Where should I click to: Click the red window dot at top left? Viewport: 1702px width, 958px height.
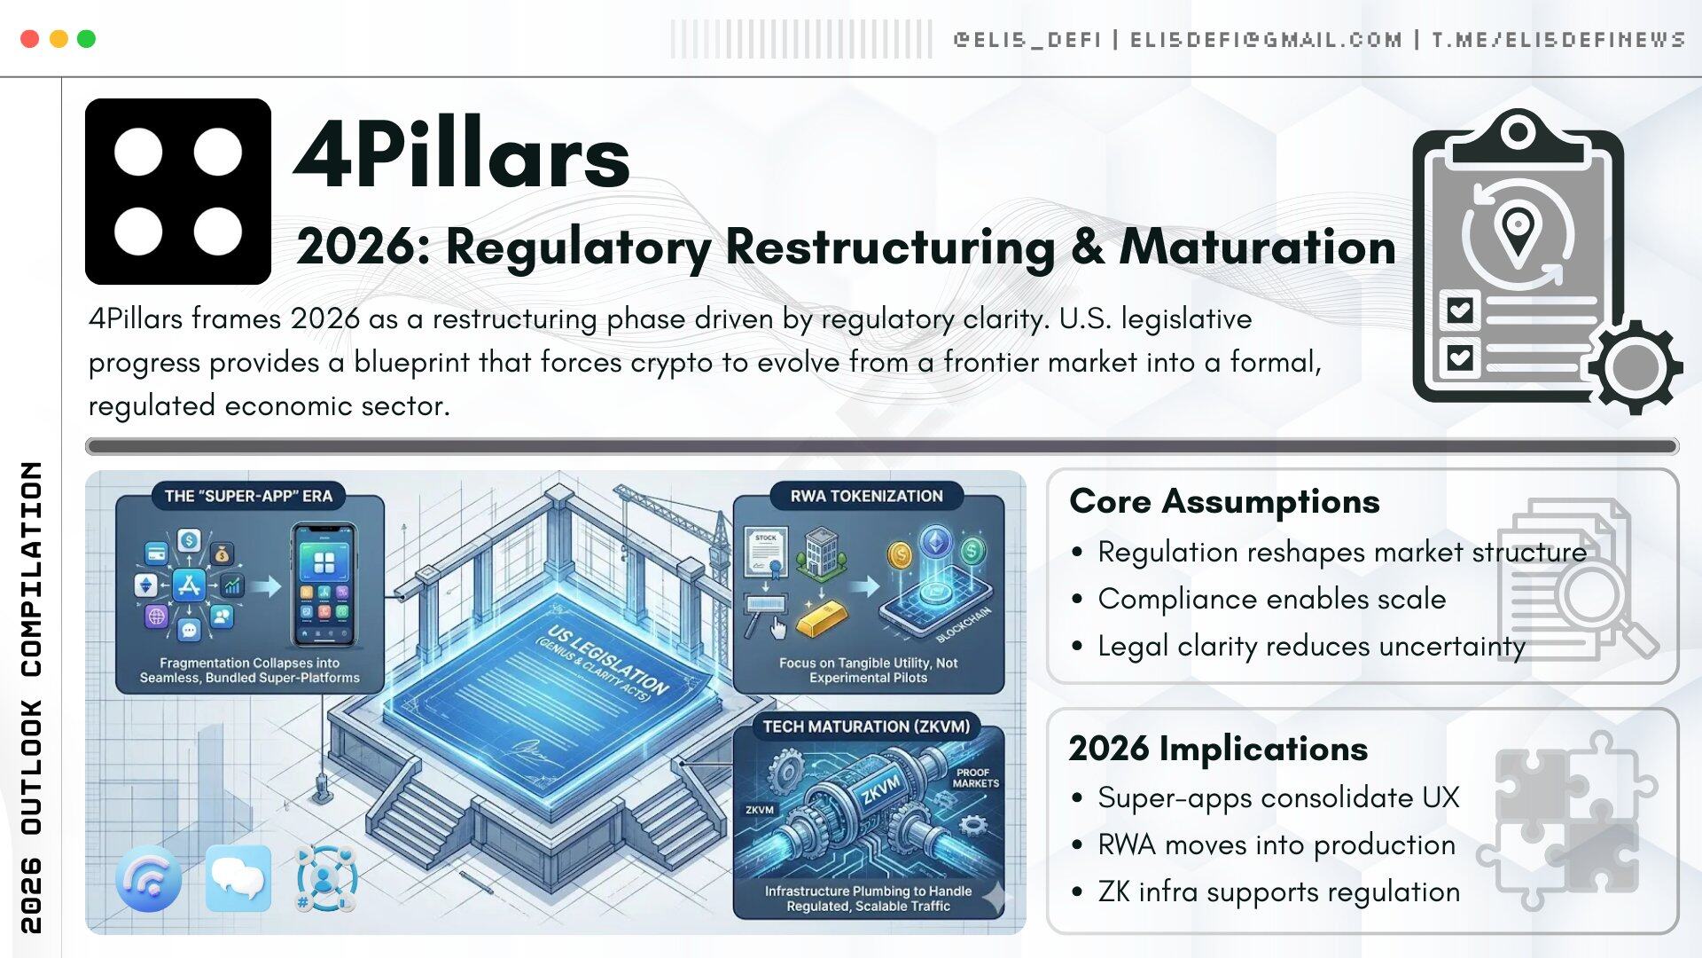tap(29, 39)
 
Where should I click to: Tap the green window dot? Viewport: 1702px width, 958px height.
tap(86, 39)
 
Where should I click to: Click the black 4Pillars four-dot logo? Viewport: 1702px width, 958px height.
tap(178, 192)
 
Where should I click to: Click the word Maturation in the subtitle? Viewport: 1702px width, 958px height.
tap(1257, 247)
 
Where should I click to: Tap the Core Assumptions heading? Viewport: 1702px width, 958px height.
tap(1224, 501)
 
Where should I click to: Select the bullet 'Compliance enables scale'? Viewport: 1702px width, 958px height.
tap(1271, 599)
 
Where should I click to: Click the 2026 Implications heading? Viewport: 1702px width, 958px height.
tap(1218, 749)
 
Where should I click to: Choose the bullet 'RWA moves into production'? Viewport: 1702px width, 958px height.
tap(1276, 844)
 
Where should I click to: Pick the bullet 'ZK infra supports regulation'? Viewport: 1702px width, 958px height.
tap(1278, 891)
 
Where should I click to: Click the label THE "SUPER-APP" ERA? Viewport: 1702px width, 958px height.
tap(248, 496)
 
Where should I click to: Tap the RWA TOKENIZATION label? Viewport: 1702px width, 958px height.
tap(866, 496)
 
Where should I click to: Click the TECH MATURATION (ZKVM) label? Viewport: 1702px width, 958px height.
tap(866, 726)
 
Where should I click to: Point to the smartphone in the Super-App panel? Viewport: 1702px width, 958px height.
tap(324, 585)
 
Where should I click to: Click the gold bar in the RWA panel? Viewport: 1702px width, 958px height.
tap(821, 617)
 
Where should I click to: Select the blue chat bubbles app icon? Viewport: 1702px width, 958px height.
tap(238, 877)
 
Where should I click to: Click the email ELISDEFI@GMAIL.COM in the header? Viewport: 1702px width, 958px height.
tap(1266, 40)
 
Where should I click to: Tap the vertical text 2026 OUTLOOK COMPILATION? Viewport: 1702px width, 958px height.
tap(31, 696)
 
